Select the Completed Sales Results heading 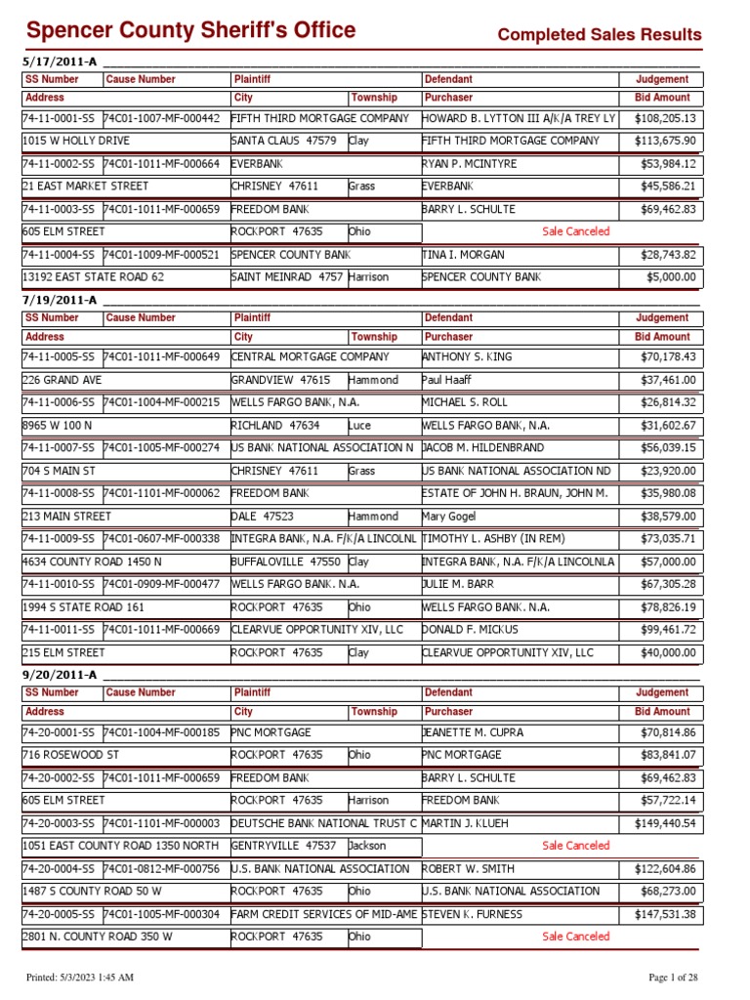tap(600, 35)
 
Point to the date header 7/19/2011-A tap(60, 299)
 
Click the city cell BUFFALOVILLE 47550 tap(285, 562)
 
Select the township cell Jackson tap(367, 846)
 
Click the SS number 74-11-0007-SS tap(59, 447)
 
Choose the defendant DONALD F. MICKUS tap(471, 630)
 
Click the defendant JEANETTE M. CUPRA tap(473, 731)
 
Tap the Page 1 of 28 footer tap(674, 978)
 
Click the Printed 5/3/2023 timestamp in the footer tap(79, 978)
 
